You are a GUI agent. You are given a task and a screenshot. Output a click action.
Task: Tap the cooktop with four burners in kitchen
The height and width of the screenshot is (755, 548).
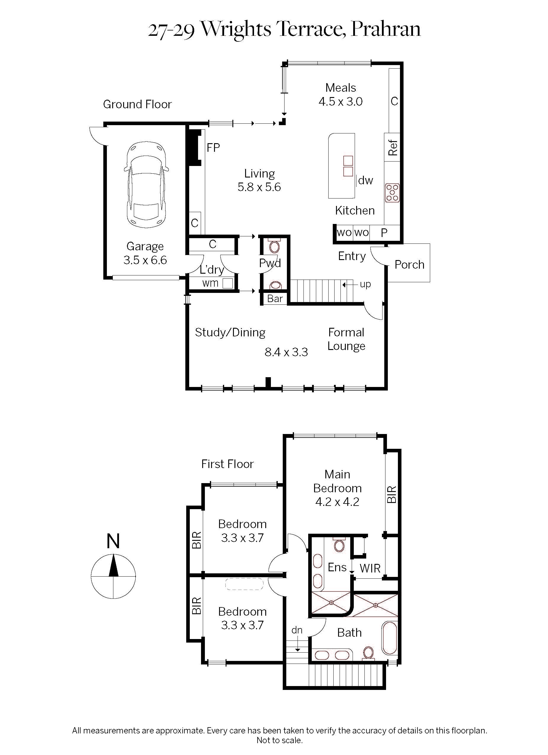[x=392, y=193]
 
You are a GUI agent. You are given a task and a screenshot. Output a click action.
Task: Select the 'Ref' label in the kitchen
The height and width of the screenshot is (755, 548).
[x=393, y=147]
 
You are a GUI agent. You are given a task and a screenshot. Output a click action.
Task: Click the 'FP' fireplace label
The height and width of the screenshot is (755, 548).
[x=213, y=147]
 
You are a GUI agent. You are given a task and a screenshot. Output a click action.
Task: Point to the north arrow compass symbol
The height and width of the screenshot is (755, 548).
[x=113, y=576]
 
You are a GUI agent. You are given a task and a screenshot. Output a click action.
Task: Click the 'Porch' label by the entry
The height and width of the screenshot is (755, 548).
[x=409, y=265]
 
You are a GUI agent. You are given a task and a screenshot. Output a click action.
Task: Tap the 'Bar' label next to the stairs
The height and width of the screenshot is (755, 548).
[x=275, y=299]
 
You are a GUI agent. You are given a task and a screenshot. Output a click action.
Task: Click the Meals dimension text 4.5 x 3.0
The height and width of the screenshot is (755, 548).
[x=340, y=101]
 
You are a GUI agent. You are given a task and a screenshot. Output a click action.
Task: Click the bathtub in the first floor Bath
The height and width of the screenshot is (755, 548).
[x=389, y=638]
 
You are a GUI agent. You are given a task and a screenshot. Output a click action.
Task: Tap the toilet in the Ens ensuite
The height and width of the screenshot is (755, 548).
[x=339, y=545]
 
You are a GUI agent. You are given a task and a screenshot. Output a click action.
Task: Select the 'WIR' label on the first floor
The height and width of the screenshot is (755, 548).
[x=370, y=569]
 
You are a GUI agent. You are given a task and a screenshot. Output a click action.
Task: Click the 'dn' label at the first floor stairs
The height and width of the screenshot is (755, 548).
[x=297, y=630]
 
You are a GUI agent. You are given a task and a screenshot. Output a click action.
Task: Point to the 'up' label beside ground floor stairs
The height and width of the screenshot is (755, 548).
[x=365, y=284]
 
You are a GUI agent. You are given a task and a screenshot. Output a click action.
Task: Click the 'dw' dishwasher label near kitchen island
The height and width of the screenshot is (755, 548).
[x=365, y=180]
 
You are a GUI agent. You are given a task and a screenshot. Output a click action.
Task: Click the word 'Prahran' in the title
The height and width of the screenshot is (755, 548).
[x=385, y=29]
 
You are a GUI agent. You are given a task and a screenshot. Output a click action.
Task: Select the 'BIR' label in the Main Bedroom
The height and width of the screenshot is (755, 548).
[x=392, y=494]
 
